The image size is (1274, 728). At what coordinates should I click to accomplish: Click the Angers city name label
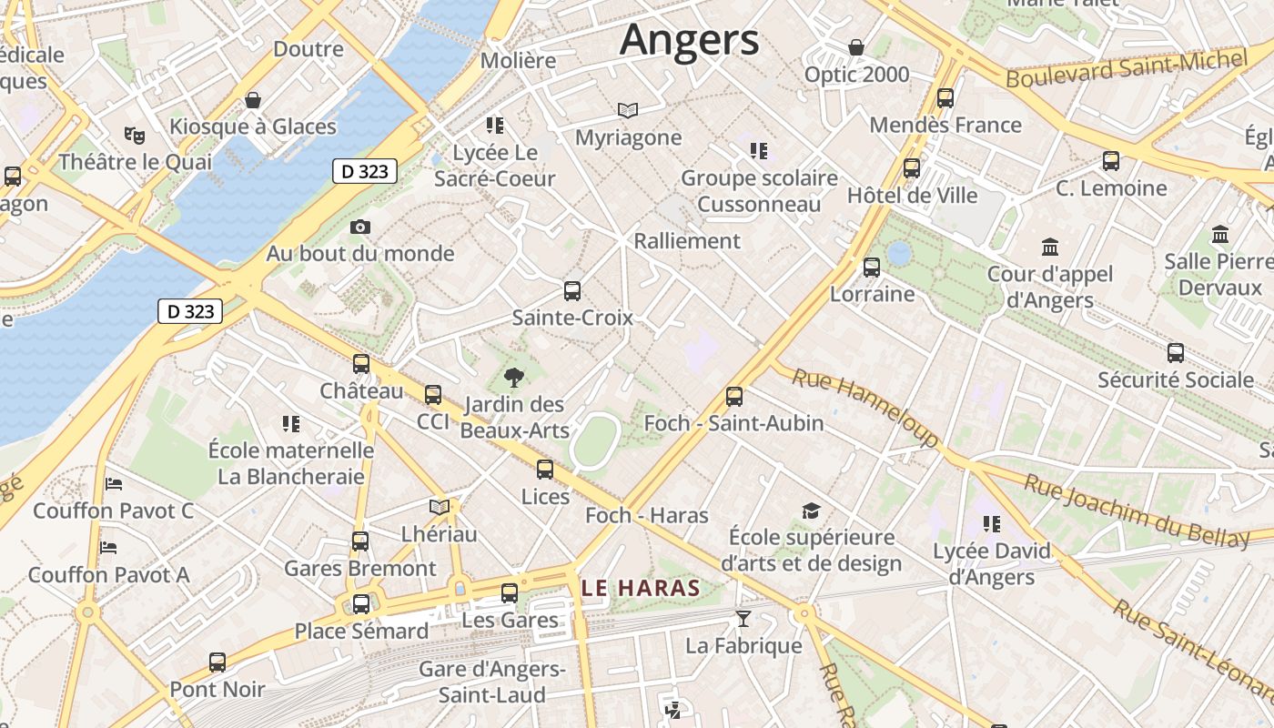[689, 41]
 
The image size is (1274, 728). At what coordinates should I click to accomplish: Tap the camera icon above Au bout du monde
[360, 227]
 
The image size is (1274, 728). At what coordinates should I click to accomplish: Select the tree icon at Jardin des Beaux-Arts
[514, 378]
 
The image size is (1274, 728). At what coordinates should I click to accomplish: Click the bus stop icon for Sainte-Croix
[571, 291]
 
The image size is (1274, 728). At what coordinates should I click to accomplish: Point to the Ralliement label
[687, 241]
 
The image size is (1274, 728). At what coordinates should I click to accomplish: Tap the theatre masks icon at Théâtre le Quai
[135, 136]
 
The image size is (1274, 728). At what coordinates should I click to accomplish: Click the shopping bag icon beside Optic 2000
[855, 47]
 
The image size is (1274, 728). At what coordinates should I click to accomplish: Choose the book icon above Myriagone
[628, 111]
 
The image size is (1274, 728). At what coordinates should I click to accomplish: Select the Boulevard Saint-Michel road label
[1126, 69]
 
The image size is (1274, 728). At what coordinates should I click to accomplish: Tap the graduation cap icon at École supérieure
[811, 511]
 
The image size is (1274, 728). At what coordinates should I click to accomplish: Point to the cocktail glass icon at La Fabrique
[743, 620]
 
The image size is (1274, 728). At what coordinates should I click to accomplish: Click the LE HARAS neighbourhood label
[641, 588]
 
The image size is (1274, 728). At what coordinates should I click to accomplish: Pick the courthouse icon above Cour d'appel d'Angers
[1051, 247]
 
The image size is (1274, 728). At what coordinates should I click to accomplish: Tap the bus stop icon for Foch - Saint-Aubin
[734, 397]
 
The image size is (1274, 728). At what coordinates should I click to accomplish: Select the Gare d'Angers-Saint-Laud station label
[492, 682]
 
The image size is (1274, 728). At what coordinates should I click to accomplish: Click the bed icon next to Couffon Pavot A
[109, 548]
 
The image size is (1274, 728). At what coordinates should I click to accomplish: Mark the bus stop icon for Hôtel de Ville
[912, 168]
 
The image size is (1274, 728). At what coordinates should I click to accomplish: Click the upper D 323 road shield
[365, 171]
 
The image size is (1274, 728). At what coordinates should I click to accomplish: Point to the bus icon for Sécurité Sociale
[1176, 353]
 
